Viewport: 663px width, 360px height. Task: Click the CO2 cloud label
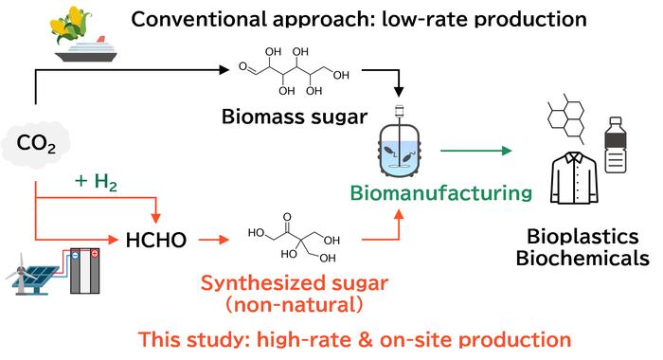pos(36,144)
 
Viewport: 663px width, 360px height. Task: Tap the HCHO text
pos(156,241)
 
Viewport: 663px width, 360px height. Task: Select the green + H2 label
pos(96,182)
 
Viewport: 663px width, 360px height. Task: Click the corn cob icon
pos(71,27)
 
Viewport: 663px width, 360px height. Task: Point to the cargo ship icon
pos(86,49)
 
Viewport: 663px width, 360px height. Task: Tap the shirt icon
pos(574,178)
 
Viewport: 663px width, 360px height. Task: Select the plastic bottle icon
pos(616,145)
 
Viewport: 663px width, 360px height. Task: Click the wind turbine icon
pos(21,273)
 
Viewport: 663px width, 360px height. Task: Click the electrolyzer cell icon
pos(84,271)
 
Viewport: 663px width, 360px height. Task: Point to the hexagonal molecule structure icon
pos(566,118)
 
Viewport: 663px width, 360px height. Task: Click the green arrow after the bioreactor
pos(476,151)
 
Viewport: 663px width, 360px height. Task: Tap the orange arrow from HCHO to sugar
pos(213,240)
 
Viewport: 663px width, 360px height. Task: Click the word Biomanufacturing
pos(441,193)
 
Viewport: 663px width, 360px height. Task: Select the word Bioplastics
pos(582,237)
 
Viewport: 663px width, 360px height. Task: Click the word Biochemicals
pos(582,258)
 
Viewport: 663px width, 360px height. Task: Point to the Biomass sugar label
pos(295,117)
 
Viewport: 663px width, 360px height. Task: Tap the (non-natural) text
pos(295,305)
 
